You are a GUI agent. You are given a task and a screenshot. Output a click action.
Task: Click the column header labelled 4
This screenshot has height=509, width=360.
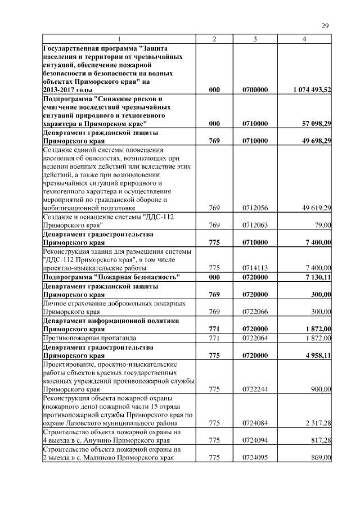pyautogui.click(x=304, y=39)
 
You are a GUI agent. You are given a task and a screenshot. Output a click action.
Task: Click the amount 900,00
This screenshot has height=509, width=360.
pyautogui.click(x=322, y=389)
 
